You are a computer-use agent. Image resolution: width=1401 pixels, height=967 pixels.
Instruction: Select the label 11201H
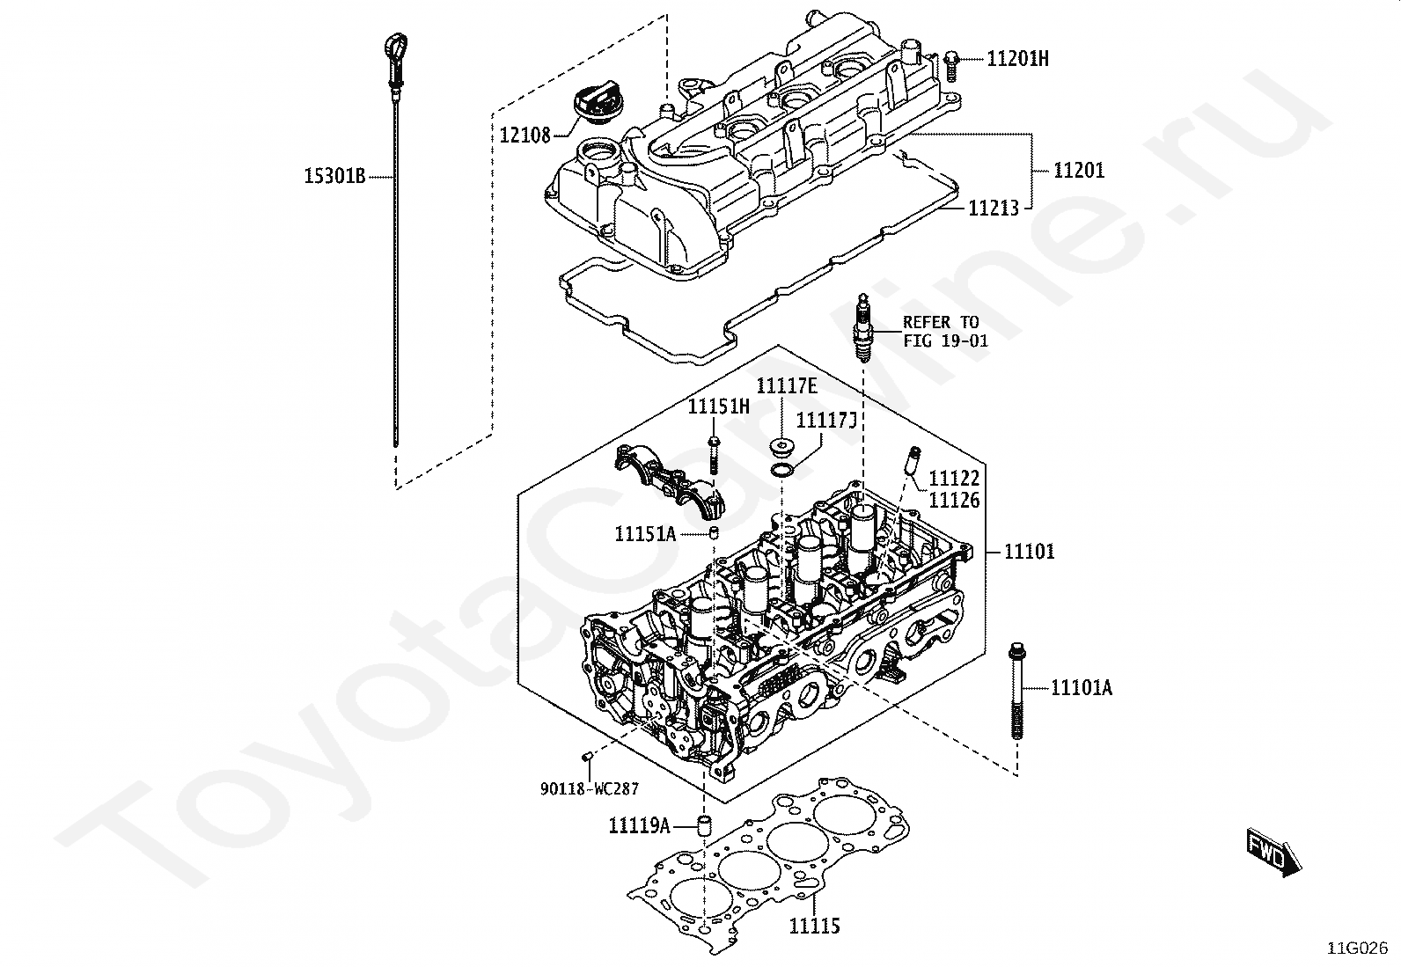1017,59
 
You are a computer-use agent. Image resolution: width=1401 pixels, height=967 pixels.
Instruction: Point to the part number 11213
994,209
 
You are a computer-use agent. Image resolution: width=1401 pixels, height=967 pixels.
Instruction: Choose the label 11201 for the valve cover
1079,170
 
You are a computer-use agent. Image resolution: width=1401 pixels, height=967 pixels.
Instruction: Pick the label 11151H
719,407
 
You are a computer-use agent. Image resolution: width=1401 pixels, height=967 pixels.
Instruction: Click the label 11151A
645,533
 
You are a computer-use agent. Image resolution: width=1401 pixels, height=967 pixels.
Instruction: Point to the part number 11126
955,501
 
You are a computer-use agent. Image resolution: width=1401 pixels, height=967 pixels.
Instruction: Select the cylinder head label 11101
1030,552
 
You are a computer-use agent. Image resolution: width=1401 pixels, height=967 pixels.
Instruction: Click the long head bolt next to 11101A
1016,695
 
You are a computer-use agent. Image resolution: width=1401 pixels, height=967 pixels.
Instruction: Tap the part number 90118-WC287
590,789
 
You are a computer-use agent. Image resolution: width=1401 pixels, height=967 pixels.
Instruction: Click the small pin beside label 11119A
704,825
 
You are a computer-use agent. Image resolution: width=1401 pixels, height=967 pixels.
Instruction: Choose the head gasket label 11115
814,926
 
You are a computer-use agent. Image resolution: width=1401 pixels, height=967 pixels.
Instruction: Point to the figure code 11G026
1358,948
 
